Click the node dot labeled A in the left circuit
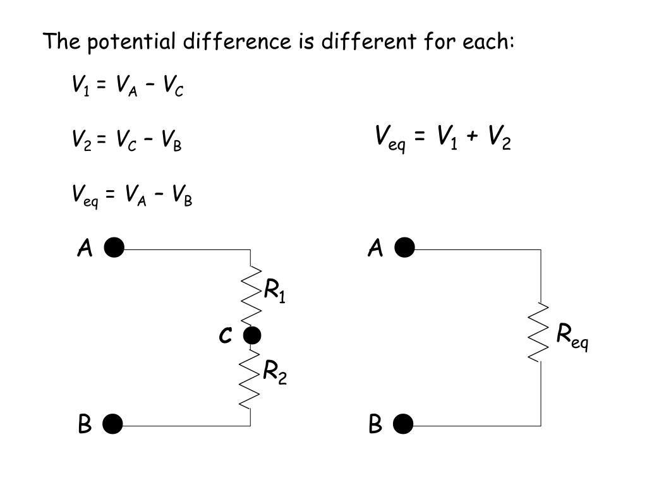[114, 249]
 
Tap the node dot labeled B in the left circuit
[113, 425]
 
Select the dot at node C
[251, 335]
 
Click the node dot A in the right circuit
[404, 249]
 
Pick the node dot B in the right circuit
[403, 425]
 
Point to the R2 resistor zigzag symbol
[251, 379]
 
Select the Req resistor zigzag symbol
[540, 332]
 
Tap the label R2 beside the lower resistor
[275, 373]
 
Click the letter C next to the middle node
[225, 336]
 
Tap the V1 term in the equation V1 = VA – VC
[80, 85]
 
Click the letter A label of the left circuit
[85, 249]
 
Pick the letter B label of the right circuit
[375, 425]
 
